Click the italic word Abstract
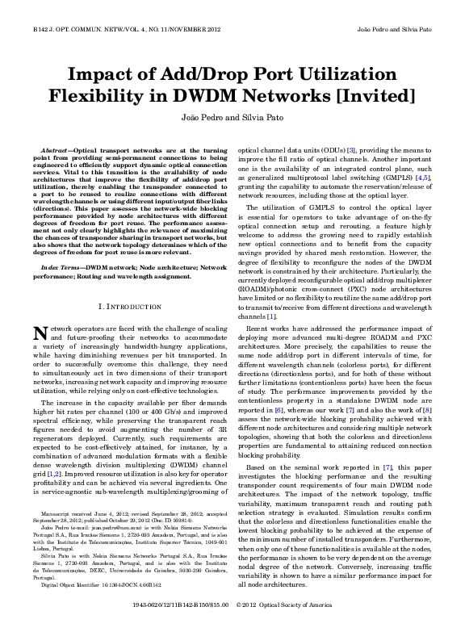pos(54,151)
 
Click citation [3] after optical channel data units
pos(352,151)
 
